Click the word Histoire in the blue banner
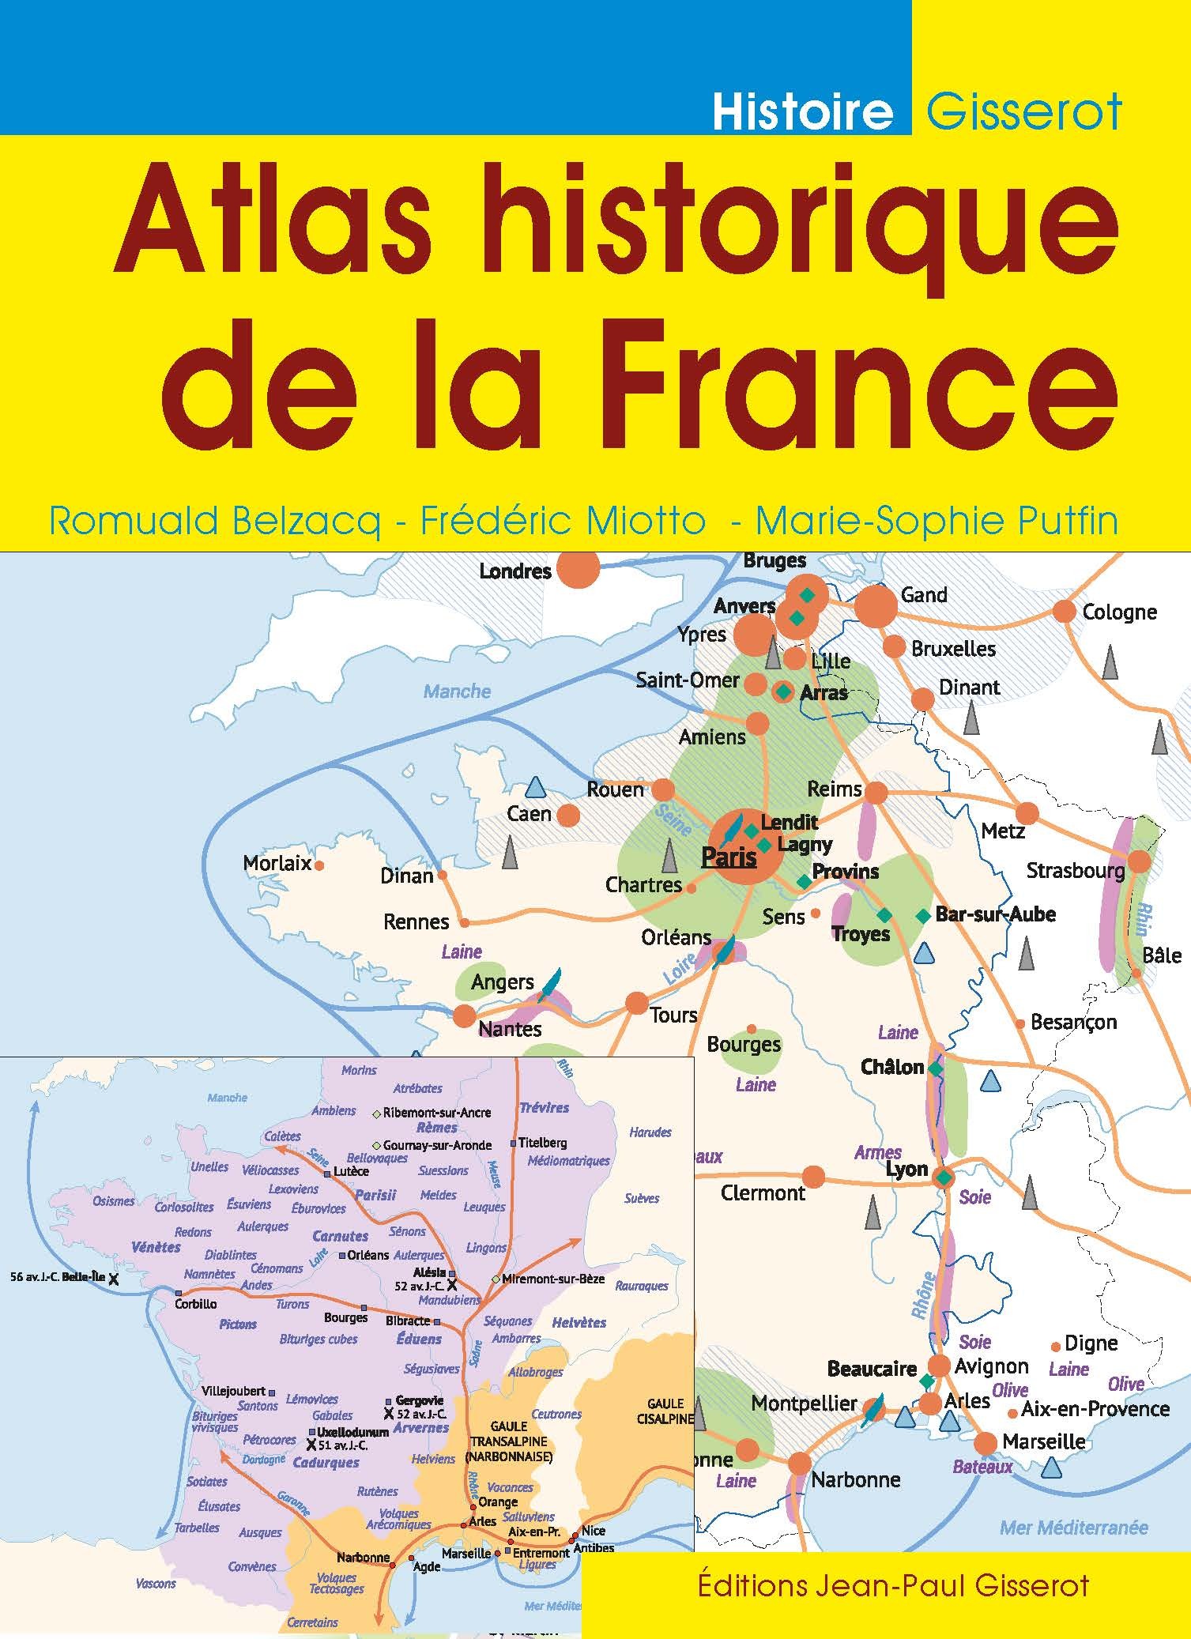click(802, 112)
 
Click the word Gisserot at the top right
click(1024, 112)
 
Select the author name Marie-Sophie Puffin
click(937, 522)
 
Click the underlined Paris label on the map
click(729, 857)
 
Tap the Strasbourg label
click(1075, 871)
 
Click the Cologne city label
click(1119, 612)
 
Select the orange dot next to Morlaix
click(319, 865)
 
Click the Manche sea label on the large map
click(457, 691)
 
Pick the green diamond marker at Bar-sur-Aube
click(922, 916)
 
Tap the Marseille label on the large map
click(1043, 1441)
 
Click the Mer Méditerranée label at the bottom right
click(1073, 1527)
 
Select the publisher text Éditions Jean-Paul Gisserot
click(893, 1584)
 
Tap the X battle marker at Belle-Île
click(114, 1279)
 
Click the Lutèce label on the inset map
click(351, 1171)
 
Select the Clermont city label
click(763, 1193)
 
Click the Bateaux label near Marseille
click(982, 1467)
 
